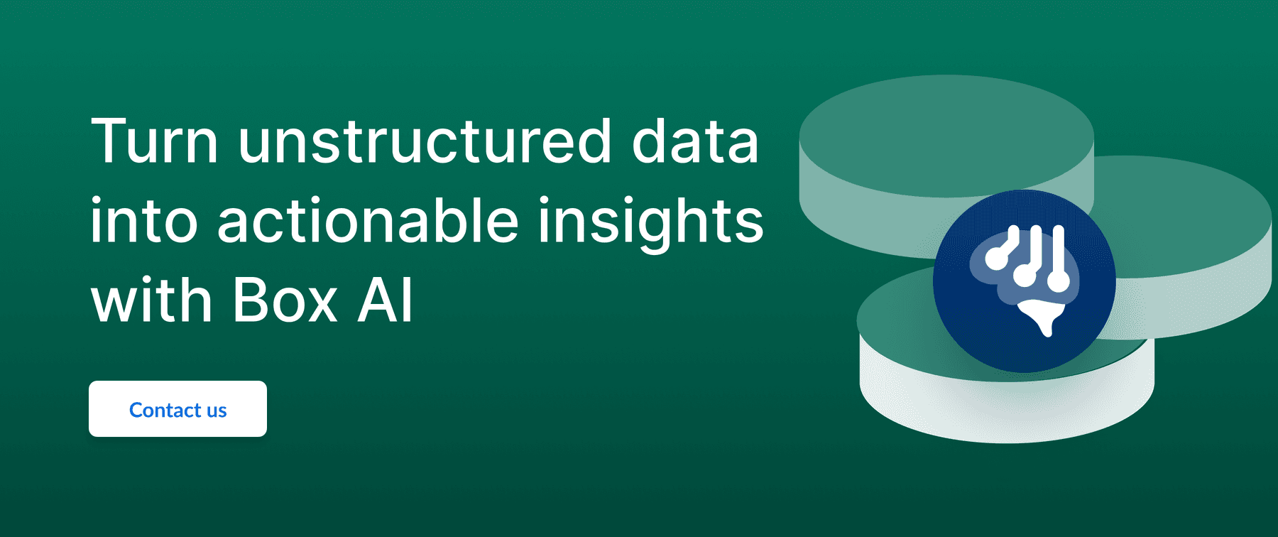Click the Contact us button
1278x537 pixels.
177,408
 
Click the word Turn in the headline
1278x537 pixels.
154,141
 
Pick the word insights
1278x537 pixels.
650,223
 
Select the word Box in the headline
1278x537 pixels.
284,300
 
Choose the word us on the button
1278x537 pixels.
217,412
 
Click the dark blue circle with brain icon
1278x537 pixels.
1024,281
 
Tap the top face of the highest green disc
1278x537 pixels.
946,135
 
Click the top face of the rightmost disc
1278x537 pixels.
1193,213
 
